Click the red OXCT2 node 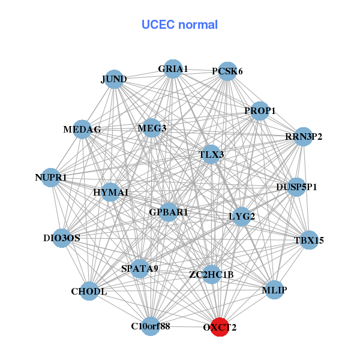point(220,327)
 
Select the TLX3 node point(211,154)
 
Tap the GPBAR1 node point(169,212)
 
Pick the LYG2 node point(241,217)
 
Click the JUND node point(114,79)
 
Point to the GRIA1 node point(173,69)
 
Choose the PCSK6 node point(227,71)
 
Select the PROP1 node point(259,111)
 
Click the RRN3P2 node point(304,137)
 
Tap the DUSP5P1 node point(296,187)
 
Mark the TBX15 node point(309,241)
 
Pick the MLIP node point(274,290)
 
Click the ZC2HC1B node point(211,275)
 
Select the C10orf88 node point(151,326)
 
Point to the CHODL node point(89,292)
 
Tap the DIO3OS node point(62,238)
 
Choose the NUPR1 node point(51,178)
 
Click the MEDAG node point(83,129)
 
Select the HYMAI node point(111,192)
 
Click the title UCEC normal point(179,25)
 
